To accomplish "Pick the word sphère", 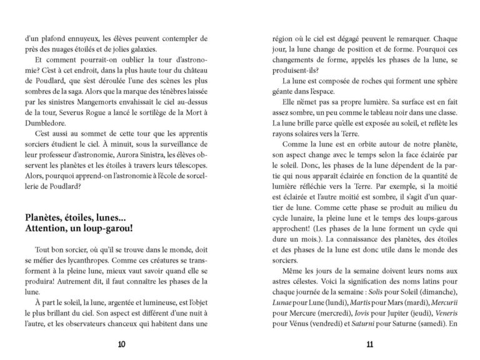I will coord(441,81).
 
